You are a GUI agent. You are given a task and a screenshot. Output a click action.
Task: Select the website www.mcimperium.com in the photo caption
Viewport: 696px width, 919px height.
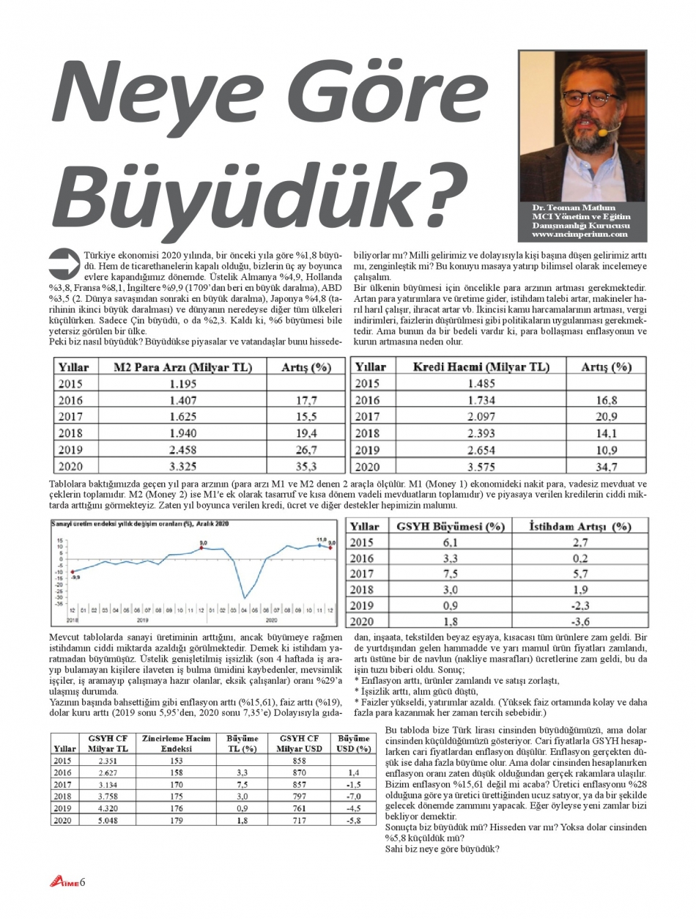coord(580,235)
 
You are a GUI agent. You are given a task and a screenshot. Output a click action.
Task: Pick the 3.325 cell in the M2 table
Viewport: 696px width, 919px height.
coord(183,466)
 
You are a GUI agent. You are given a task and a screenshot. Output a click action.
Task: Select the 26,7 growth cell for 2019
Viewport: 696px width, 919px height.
coord(306,449)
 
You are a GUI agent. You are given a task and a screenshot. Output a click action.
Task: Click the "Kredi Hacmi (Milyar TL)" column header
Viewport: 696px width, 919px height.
coord(481,366)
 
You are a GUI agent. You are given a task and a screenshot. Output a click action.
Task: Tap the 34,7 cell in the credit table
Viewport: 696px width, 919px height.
coord(607,466)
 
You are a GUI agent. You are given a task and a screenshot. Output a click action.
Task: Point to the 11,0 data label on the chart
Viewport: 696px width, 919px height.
coord(320,540)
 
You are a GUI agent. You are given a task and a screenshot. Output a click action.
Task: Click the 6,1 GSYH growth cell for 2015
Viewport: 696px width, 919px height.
coord(451,542)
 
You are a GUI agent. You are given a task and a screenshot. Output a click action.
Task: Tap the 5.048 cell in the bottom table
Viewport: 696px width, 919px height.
coord(108,821)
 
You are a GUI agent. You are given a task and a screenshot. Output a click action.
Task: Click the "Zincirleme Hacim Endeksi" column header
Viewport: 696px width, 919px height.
coord(176,743)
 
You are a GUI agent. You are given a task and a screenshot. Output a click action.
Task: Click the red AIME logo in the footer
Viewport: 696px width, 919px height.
coord(64,882)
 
